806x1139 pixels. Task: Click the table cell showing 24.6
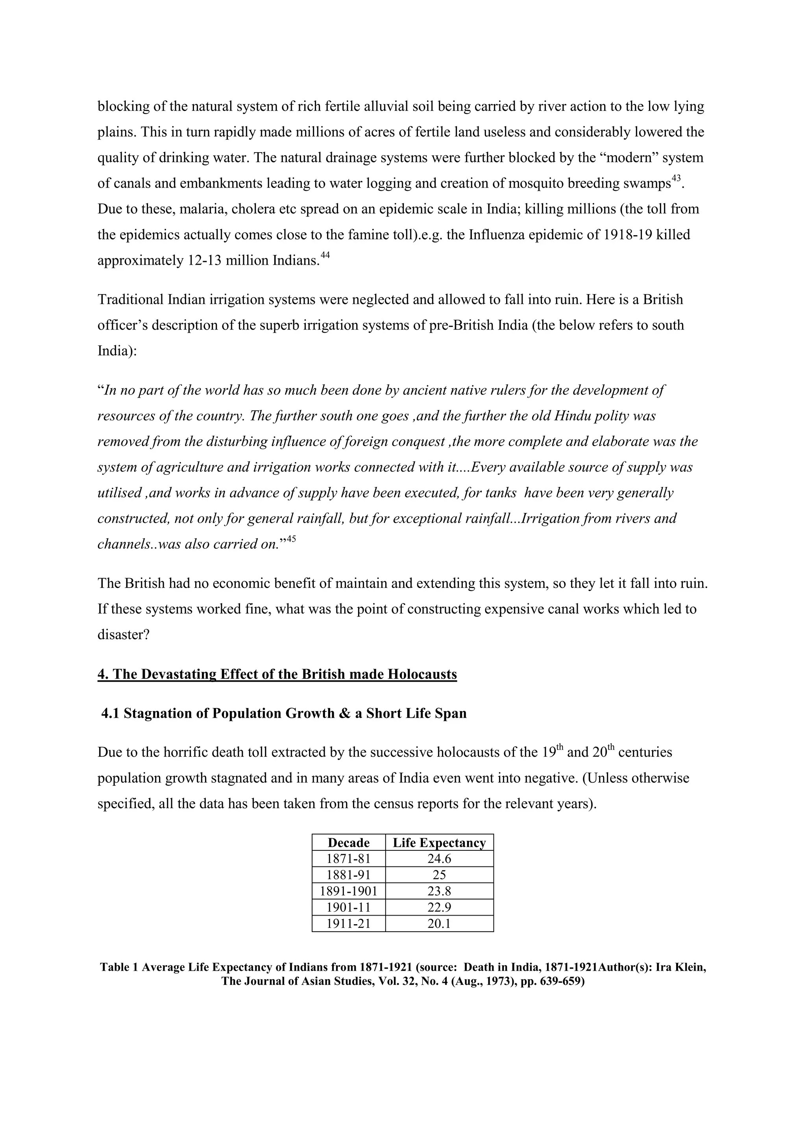pos(439,859)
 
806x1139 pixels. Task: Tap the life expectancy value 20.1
pos(439,924)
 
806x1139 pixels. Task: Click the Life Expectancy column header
pos(439,843)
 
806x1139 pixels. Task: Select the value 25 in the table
pos(439,875)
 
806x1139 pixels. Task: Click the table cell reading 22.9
pos(439,907)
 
